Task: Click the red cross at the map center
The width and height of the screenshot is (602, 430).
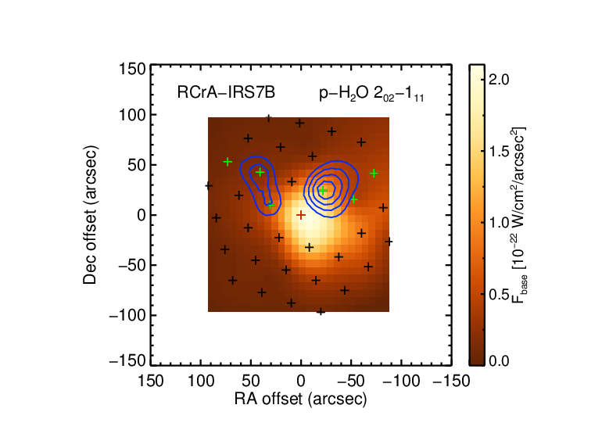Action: pos(301,215)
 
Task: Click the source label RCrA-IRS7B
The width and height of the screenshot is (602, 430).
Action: pos(226,92)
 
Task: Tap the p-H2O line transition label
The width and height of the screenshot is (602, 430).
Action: pos(371,94)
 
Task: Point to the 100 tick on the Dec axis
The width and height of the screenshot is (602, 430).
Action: pos(132,115)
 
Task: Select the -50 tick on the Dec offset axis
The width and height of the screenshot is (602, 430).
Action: pos(131,265)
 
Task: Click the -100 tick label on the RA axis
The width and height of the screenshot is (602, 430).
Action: pos(401,381)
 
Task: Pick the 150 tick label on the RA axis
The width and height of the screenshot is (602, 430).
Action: pos(150,381)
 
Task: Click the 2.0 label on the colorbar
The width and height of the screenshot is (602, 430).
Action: pos(499,80)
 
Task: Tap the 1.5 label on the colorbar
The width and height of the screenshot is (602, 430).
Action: pos(499,151)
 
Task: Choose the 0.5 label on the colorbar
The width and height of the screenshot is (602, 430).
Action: pos(499,295)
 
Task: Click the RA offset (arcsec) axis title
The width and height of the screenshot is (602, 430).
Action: pos(301,399)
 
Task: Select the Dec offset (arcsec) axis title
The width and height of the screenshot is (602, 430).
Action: pos(90,215)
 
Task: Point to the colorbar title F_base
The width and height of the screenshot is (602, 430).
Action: pos(518,215)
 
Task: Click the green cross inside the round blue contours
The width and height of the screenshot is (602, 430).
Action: pos(323,191)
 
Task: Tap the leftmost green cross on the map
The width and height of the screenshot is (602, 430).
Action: pos(228,162)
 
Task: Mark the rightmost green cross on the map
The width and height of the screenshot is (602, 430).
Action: pos(374,174)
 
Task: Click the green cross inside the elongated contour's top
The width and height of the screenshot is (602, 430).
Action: pos(260,172)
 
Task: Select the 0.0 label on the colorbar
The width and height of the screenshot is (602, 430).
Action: pos(499,361)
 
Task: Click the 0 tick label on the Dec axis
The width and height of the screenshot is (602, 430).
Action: pos(142,215)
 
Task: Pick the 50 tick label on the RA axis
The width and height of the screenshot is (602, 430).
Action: pos(251,381)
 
